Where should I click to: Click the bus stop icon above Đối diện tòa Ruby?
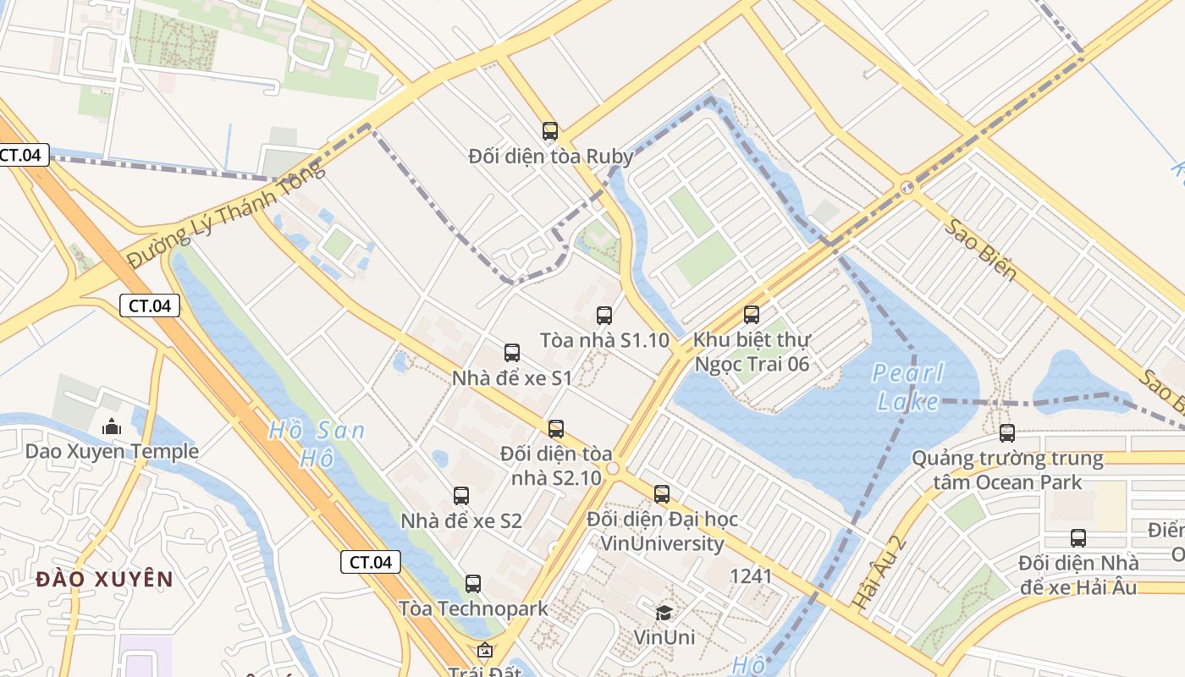click(550, 131)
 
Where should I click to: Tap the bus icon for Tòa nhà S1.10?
click(604, 316)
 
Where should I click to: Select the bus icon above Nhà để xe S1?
click(512, 353)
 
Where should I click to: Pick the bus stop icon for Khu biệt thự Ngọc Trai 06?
click(752, 315)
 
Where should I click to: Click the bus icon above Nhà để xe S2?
click(461, 496)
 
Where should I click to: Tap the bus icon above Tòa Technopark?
click(473, 583)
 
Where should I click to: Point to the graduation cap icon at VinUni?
click(664, 612)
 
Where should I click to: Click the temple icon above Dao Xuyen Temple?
click(112, 427)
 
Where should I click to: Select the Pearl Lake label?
click(907, 386)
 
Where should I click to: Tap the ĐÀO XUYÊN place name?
click(105, 580)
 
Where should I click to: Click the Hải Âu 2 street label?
click(880, 572)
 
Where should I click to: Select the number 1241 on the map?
click(751, 576)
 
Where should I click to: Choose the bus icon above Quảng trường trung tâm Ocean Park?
click(1007, 433)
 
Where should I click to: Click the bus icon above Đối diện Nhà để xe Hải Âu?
click(1078, 538)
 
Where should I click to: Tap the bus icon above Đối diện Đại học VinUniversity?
click(662, 494)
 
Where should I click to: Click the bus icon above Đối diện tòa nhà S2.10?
click(556, 429)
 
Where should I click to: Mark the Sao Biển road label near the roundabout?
click(980, 250)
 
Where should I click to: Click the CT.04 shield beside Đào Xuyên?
click(371, 562)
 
